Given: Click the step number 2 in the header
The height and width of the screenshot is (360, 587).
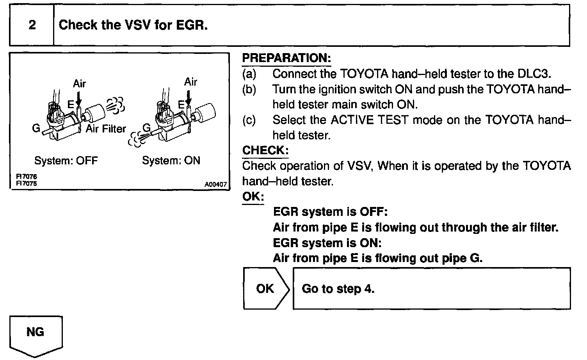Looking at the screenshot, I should [x=32, y=25].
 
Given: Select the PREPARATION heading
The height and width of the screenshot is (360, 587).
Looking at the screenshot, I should [x=286, y=58].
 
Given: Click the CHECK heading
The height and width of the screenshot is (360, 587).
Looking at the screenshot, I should [x=265, y=150].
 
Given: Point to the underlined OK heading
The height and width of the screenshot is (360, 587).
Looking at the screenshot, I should [x=253, y=196].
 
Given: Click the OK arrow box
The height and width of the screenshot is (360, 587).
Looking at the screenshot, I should [x=265, y=289].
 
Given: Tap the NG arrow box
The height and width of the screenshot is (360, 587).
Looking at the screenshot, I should [x=35, y=333].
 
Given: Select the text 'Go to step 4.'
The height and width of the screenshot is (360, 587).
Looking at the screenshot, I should [x=338, y=289].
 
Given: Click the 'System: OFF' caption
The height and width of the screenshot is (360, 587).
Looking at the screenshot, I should [x=66, y=160].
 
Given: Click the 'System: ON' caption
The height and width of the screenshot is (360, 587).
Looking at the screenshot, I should [x=171, y=160].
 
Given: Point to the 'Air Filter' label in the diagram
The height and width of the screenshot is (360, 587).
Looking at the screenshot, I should [x=106, y=129].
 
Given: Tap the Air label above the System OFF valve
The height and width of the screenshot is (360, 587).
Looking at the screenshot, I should [x=79, y=84].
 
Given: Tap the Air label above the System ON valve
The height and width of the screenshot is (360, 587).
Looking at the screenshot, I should [x=190, y=82].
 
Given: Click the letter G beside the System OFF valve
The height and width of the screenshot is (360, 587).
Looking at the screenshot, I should [x=36, y=128].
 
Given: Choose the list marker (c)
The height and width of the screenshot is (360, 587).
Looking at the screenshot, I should [x=249, y=120].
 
